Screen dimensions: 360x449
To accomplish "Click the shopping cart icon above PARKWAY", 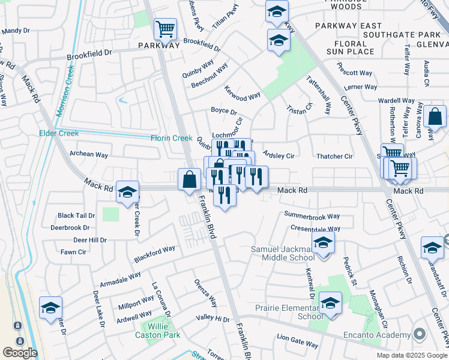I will [165, 28].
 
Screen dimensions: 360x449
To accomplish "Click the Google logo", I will [20, 353].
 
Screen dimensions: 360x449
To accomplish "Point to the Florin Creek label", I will [171, 138].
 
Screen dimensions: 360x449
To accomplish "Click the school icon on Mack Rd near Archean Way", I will [127, 192].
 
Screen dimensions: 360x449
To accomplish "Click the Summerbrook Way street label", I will [312, 216].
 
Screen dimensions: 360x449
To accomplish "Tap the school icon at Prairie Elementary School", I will [330, 304].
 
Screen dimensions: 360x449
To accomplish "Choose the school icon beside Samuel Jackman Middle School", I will [323, 243].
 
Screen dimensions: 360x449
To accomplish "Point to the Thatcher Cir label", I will [334, 157].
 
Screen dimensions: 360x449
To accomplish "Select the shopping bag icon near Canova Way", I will [435, 116].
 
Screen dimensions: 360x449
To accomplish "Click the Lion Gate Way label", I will [298, 344].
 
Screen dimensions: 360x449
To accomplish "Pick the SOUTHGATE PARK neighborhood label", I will [416, 26].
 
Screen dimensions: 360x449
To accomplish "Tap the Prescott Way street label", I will [354, 73].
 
